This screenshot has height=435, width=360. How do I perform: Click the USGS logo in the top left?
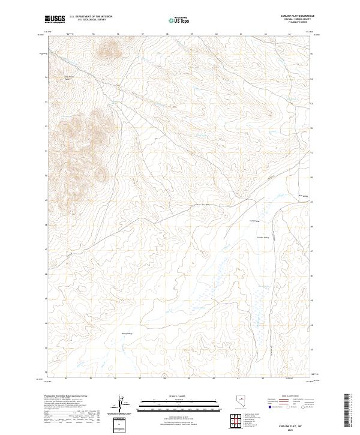click(55, 20)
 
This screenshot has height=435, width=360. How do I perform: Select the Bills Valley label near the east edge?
click(303, 196)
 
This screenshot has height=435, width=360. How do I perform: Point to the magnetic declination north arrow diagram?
click(121, 406)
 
